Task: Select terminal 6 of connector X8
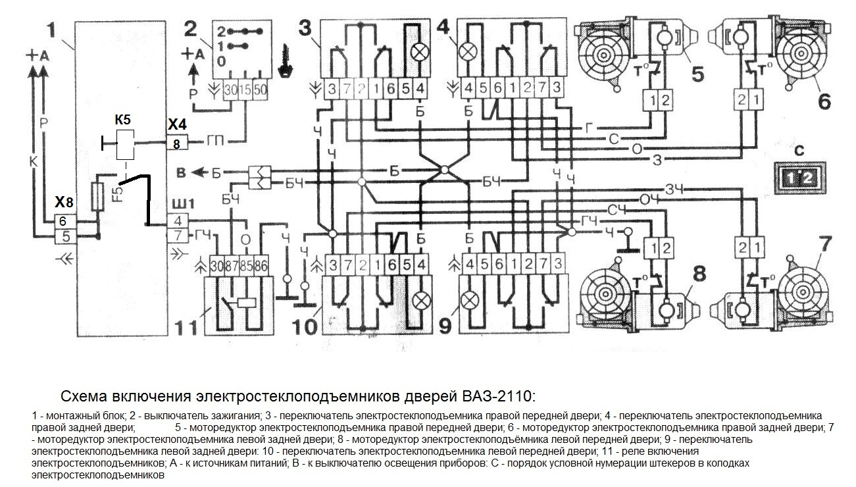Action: pos(63,222)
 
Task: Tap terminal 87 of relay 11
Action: pos(231,266)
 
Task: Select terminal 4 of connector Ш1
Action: pos(178,221)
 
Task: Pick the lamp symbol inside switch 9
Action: pos(468,300)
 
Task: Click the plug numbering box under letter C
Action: pos(797,177)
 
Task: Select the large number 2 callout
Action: pos(190,28)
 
